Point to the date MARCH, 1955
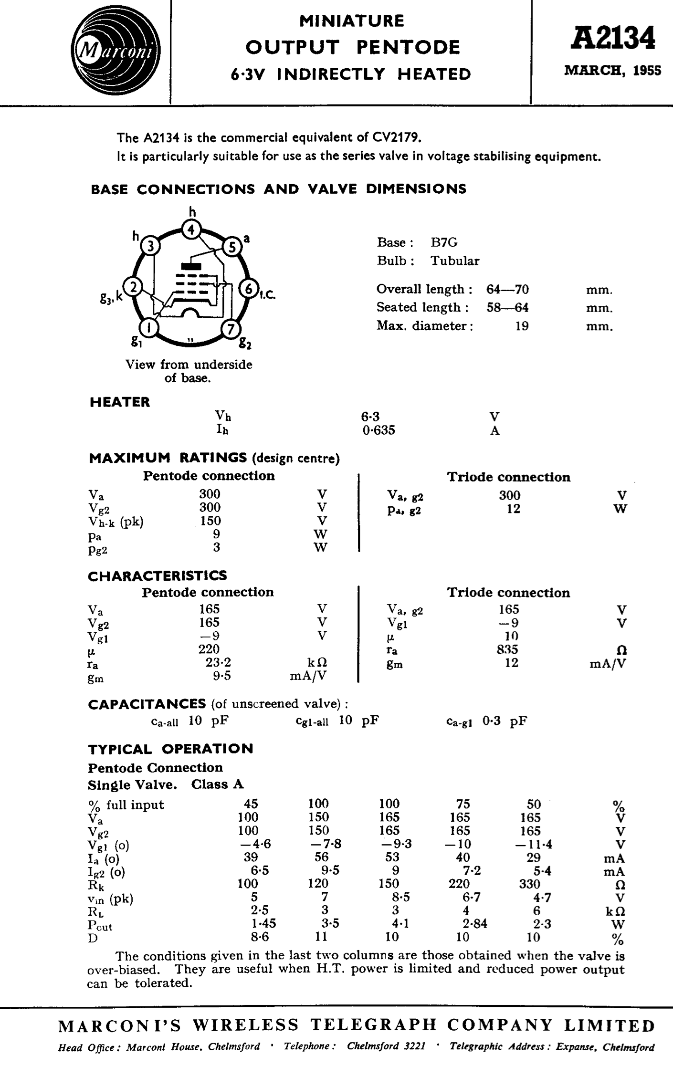coord(613,71)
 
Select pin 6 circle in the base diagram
coord(249,289)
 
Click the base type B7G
coord(444,242)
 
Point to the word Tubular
coord(455,261)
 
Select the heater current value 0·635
coord(378,430)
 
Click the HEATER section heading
coord(120,402)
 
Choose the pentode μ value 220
coord(209,649)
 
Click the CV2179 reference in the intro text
coord(396,138)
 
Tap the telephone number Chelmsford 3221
coord(386,1047)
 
